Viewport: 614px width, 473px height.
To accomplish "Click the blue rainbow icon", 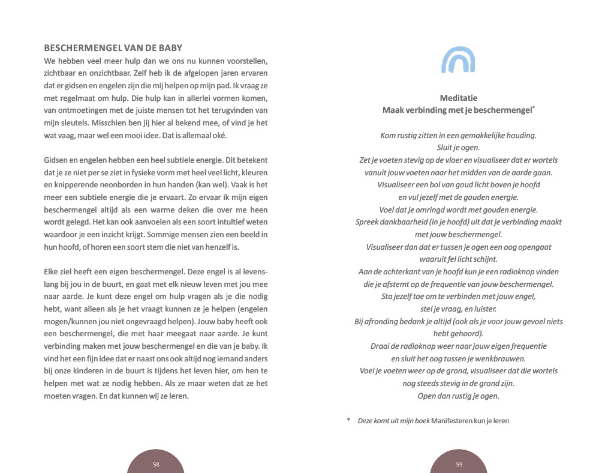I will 458,61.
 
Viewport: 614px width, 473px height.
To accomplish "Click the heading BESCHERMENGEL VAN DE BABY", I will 113,48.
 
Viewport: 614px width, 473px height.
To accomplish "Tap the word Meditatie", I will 458,98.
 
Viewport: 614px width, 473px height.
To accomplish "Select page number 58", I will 156,464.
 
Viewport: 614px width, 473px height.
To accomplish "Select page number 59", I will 459,464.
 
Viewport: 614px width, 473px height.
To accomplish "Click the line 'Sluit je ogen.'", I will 458,148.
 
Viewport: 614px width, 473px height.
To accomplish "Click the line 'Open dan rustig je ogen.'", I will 458,396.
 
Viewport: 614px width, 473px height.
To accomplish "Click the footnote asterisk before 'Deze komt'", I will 348,420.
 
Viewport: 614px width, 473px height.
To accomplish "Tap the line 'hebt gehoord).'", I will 458,334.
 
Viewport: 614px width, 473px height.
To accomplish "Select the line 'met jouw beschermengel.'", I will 458,235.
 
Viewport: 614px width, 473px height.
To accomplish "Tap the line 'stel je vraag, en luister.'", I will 458,309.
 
